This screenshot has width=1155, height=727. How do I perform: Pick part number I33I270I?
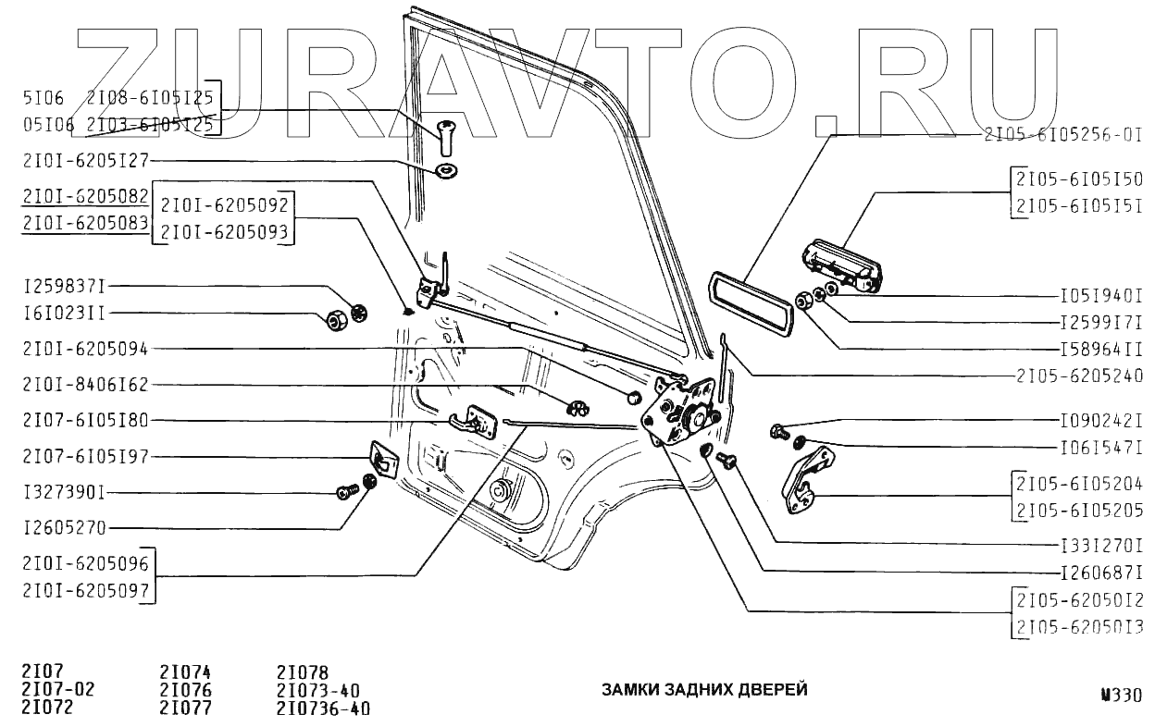[1100, 546]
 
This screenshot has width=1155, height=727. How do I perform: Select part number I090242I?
[1100, 419]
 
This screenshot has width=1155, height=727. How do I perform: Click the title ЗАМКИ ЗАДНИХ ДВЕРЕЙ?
[704, 690]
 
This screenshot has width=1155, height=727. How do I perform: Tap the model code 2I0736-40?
[323, 709]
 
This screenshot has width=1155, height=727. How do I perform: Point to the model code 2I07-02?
[57, 691]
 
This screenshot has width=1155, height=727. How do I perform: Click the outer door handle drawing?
[840, 266]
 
